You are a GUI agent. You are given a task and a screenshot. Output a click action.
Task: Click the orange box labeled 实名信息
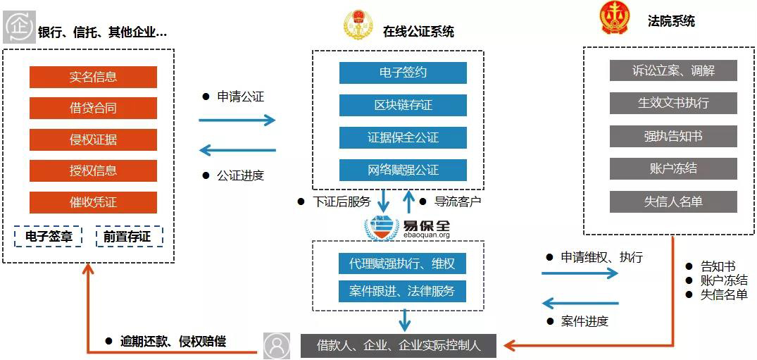pyautogui.click(x=93, y=77)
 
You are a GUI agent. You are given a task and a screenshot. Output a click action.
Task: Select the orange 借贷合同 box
pyautogui.click(x=93, y=108)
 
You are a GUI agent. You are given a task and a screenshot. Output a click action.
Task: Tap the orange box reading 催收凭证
pyautogui.click(x=93, y=202)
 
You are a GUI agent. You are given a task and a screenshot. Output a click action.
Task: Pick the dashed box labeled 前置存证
pyautogui.click(x=129, y=237)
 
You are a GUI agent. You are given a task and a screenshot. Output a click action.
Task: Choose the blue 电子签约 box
pyautogui.click(x=403, y=73)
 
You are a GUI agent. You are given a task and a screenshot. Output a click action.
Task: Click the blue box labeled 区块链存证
pyautogui.click(x=403, y=105)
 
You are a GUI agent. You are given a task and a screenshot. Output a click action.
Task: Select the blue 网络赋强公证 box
pyautogui.click(x=403, y=170)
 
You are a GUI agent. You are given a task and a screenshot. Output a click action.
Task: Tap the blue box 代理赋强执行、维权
pyautogui.click(x=402, y=264)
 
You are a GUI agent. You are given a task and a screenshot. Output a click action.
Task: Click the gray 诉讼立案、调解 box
pyautogui.click(x=673, y=70)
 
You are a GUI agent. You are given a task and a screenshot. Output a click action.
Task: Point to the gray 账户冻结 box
pyautogui.click(x=673, y=168)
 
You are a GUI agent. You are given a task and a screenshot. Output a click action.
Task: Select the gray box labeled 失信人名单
pyautogui.click(x=673, y=201)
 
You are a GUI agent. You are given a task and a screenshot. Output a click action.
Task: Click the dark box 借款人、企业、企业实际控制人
pyautogui.click(x=399, y=346)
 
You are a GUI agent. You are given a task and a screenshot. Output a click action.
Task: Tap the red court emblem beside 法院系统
pyautogui.click(x=615, y=19)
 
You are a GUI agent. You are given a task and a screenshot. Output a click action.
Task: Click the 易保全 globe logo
pyautogui.click(x=381, y=227)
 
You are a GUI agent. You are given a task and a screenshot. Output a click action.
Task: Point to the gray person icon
pyautogui.click(x=277, y=346)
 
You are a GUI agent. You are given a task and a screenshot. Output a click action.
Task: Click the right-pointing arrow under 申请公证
pyautogui.click(x=237, y=120)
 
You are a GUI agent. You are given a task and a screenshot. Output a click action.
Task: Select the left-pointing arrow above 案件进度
pyautogui.click(x=580, y=304)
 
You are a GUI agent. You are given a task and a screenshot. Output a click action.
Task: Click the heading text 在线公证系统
pyautogui.click(x=418, y=32)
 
